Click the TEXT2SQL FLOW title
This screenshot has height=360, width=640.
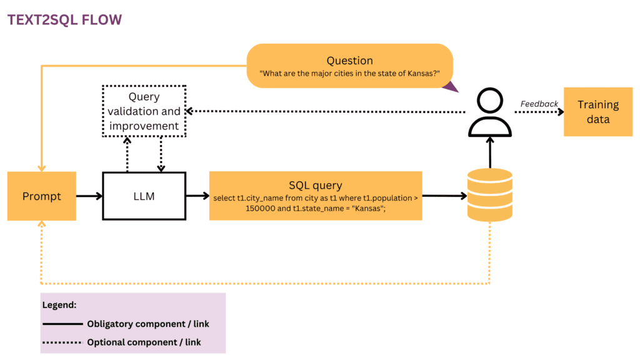point(64,19)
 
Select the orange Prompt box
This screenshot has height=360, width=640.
point(42,196)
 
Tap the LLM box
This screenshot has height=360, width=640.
point(144,196)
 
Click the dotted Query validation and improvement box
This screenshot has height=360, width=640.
point(144,111)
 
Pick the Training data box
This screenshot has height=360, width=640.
point(597,112)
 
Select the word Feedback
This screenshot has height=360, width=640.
point(539,104)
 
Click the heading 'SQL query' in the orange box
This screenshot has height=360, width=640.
point(316,185)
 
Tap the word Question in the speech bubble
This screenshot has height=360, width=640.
point(349,61)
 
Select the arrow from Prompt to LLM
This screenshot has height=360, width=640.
point(89,196)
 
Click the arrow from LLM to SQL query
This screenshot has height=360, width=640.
point(197,196)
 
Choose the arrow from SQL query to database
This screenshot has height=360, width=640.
point(444,196)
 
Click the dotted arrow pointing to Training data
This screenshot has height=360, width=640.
point(537,112)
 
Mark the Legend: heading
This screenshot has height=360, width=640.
point(59,306)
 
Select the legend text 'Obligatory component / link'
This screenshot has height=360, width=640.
point(147,324)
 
